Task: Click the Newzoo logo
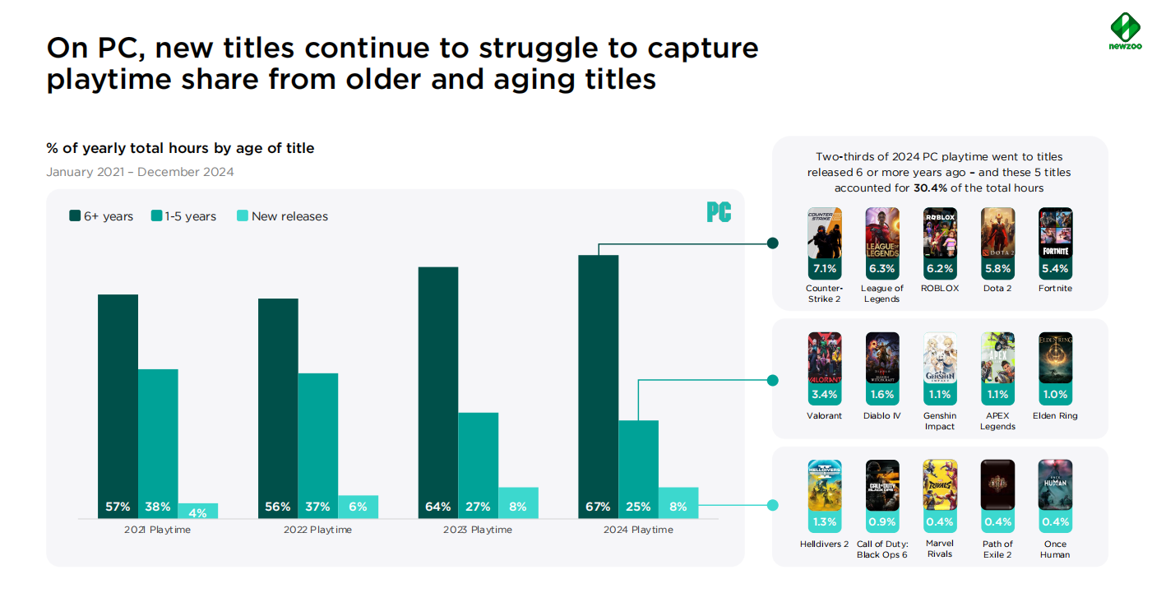click(1125, 31)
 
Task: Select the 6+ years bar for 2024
click(598, 387)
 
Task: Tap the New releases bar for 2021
click(198, 511)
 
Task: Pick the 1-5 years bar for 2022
click(318, 446)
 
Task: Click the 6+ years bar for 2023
click(438, 392)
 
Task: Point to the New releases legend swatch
click(243, 215)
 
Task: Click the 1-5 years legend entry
click(183, 216)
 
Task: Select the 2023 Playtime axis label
click(478, 530)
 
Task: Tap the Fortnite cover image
click(1055, 233)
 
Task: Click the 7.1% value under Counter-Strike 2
click(825, 268)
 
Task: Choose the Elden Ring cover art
click(1055, 358)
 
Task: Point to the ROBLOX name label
click(940, 288)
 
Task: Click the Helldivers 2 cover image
click(825, 485)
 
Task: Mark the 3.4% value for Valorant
click(825, 395)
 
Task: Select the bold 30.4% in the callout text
click(930, 188)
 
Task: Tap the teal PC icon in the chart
click(719, 212)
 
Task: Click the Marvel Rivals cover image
click(940, 485)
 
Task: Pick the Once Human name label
click(1055, 549)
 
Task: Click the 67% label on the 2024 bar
click(598, 507)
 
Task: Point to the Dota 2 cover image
click(997, 233)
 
